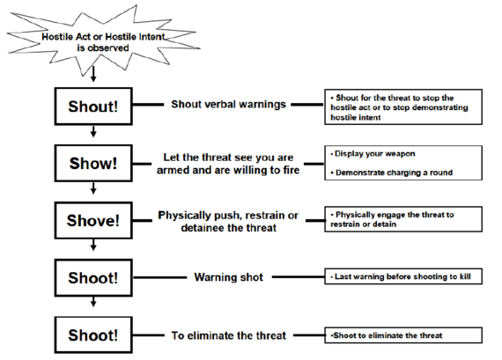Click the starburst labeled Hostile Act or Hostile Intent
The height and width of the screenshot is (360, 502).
pyautogui.click(x=102, y=41)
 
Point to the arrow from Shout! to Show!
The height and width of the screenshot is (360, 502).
pyautogui.click(x=93, y=131)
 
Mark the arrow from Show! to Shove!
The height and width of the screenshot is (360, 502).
pyautogui.click(x=93, y=188)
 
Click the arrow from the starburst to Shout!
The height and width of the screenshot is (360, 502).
pyautogui.click(x=93, y=74)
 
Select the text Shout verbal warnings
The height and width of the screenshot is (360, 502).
pyautogui.click(x=228, y=105)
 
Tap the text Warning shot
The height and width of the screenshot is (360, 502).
pyautogui.click(x=229, y=277)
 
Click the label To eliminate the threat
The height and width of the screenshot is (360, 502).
pyautogui.click(x=229, y=335)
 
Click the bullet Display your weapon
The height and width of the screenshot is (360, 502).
pyautogui.click(x=373, y=154)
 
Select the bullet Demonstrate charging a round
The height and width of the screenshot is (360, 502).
pyautogui.click(x=392, y=173)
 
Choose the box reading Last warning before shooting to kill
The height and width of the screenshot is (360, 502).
pyautogui.click(x=403, y=276)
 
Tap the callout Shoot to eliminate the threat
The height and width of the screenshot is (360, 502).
pyautogui.click(x=403, y=335)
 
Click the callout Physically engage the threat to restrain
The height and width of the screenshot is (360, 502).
pyautogui.click(x=403, y=219)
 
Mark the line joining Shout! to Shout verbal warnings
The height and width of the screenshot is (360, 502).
pyautogui.click(x=148, y=105)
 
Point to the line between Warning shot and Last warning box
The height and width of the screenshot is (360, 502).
pyautogui.click(x=299, y=276)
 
